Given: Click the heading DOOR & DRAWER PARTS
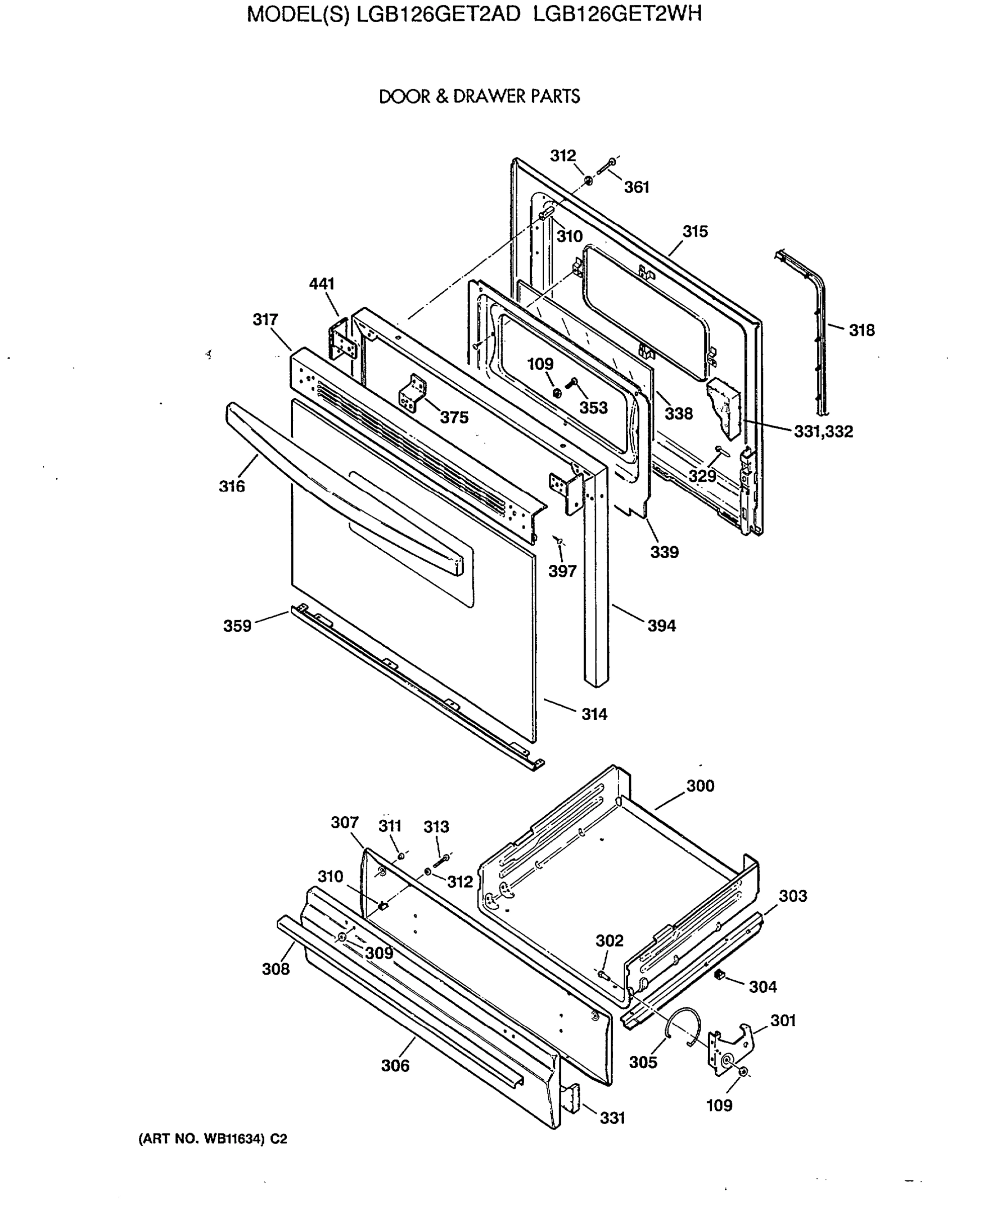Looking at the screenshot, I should pos(479,96).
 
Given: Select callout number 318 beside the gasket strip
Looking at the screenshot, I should pos(861,330).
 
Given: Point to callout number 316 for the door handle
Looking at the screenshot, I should pos(231,486).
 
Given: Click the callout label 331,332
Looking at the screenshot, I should pos(823,431).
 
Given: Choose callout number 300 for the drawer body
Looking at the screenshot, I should pos(700,786).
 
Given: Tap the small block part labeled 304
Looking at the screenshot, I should pos(718,974).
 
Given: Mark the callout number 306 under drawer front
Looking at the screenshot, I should pos(395,1065).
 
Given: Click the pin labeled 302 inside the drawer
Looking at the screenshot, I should pos(604,975).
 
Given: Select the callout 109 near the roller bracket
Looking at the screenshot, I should pos(719,1105).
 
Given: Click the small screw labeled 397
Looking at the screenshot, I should pos(558,540).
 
